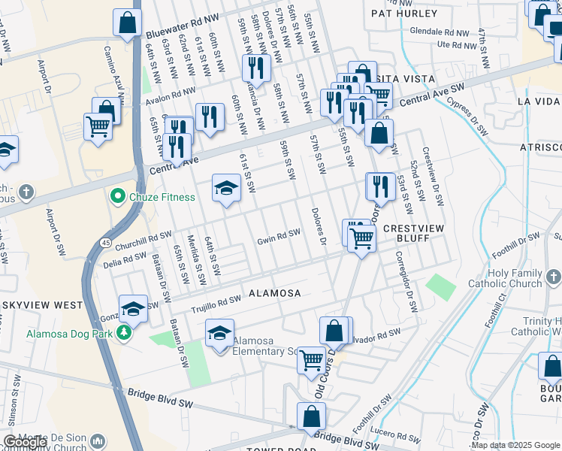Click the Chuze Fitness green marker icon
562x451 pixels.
click(117, 198)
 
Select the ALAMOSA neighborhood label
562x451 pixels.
click(274, 293)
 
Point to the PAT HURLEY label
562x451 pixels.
click(404, 14)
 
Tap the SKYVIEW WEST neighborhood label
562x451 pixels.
click(41, 305)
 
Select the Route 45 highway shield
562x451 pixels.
click(107, 243)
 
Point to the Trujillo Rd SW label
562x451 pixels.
click(214, 299)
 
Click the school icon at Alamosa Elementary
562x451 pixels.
click(219, 333)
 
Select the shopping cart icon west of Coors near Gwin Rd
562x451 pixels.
click(361, 239)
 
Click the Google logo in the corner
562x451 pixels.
click(24, 443)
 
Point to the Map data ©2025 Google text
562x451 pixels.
click(515, 445)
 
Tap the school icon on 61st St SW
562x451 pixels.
click(225, 189)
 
